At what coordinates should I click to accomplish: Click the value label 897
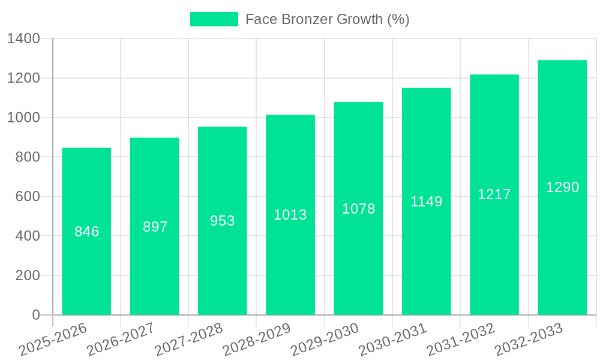(x=155, y=227)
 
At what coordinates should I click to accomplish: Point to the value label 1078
(x=359, y=209)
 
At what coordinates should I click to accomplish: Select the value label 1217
(x=494, y=194)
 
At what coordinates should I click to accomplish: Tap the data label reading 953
(x=223, y=221)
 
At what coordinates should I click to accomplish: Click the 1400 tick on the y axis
(x=23, y=39)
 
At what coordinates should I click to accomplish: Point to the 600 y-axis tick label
(x=28, y=197)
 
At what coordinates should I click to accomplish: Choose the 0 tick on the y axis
(x=36, y=315)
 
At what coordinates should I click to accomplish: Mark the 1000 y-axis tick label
(x=23, y=118)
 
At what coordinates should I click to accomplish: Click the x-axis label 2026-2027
(x=121, y=339)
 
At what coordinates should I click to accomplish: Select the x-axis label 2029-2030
(x=325, y=339)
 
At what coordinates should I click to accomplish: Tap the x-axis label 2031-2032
(x=460, y=339)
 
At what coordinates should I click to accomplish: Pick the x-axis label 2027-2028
(x=188, y=339)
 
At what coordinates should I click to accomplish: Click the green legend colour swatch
(x=214, y=19)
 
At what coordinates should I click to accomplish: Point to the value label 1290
(x=563, y=187)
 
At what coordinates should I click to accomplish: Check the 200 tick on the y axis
(x=28, y=276)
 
